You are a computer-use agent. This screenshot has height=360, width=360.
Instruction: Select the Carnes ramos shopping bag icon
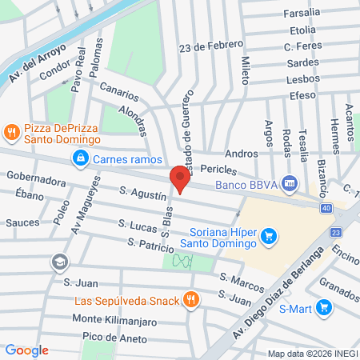pyautogui.click(x=81, y=160)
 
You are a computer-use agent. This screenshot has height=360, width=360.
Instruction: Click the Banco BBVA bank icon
pyautogui.click(x=289, y=185)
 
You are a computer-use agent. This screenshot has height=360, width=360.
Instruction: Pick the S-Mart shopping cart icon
pyautogui.click(x=323, y=306)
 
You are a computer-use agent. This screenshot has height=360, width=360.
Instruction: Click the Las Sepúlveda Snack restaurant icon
pyautogui.click(x=190, y=300)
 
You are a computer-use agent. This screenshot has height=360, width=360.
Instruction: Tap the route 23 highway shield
pyautogui.click(x=335, y=232)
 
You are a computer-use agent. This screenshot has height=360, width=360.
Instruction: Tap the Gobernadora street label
pyautogui.click(x=37, y=181)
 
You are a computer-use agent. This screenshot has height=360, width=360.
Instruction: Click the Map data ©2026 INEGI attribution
pyautogui.click(x=312, y=353)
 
